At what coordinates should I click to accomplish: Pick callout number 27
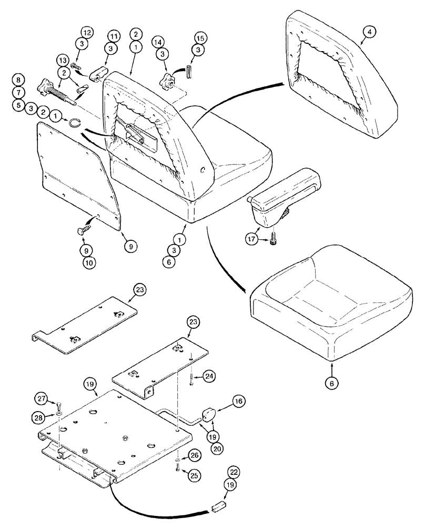click(42, 397)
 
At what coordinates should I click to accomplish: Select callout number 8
click(19, 80)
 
